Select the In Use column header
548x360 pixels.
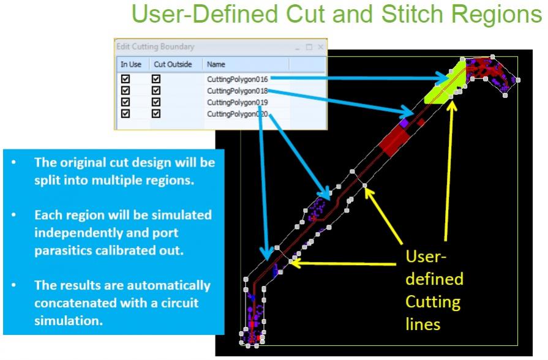pyautogui.click(x=130, y=64)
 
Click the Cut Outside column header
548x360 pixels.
pyautogui.click(x=173, y=64)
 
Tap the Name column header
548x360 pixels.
pyautogui.click(x=216, y=64)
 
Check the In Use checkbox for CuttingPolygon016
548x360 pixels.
pyautogui.click(x=125, y=78)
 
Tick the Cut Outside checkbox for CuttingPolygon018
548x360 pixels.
pyautogui.click(x=156, y=91)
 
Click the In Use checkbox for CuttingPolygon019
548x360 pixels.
pyautogui.click(x=125, y=102)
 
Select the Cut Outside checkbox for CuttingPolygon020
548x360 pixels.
pyautogui.click(x=156, y=114)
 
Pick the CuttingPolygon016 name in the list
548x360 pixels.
pyautogui.click(x=238, y=80)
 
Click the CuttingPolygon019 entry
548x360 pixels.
pyautogui.click(x=238, y=102)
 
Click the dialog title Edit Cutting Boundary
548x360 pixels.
pyautogui.click(x=155, y=47)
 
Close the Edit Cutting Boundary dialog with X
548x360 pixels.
pyautogui.click(x=320, y=47)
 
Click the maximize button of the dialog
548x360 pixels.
pyautogui.click(x=309, y=47)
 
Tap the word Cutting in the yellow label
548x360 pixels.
pyautogui.click(x=433, y=302)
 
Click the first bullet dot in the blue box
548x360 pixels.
pyautogui.click(x=13, y=162)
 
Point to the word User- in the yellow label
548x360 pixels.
pyautogui.click(x=426, y=257)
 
